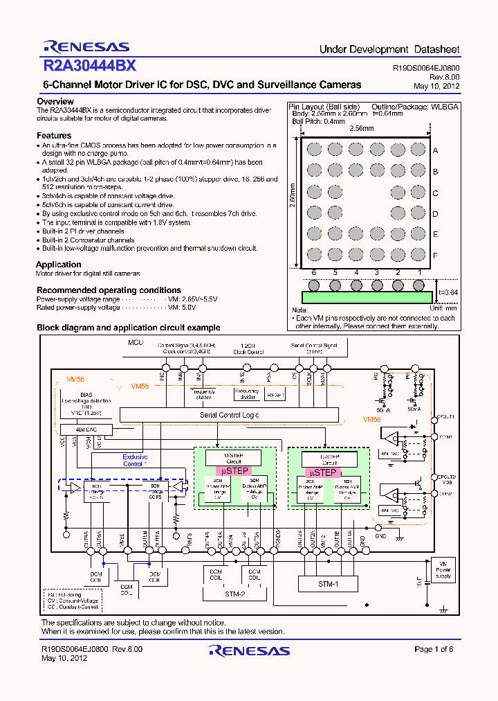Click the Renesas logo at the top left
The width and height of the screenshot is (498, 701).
pos(86,46)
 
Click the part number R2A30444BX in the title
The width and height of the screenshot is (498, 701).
pos(89,66)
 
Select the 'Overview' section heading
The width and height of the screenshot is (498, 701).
pos(55,102)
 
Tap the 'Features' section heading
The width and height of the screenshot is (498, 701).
pos(54,136)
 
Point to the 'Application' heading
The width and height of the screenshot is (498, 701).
pos(59,265)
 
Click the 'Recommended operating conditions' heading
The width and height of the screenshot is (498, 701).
pos(109,290)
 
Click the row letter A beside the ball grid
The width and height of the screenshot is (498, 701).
pos(435,150)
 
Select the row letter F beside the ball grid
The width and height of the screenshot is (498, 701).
pos(435,255)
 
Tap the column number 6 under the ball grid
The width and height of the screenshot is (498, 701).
pos(313,273)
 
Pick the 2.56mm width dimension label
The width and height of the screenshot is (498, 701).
pos(360,129)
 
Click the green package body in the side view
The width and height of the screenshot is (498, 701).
pos(366,296)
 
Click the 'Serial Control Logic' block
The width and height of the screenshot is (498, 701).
pos(230,414)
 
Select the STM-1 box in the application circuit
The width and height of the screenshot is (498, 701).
pos(328,584)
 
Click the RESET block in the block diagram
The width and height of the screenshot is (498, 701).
pos(275,395)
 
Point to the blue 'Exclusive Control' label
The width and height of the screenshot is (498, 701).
pos(135,461)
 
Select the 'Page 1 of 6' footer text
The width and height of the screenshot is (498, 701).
pos(434,649)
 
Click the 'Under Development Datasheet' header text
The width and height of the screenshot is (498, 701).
pos(389,50)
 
